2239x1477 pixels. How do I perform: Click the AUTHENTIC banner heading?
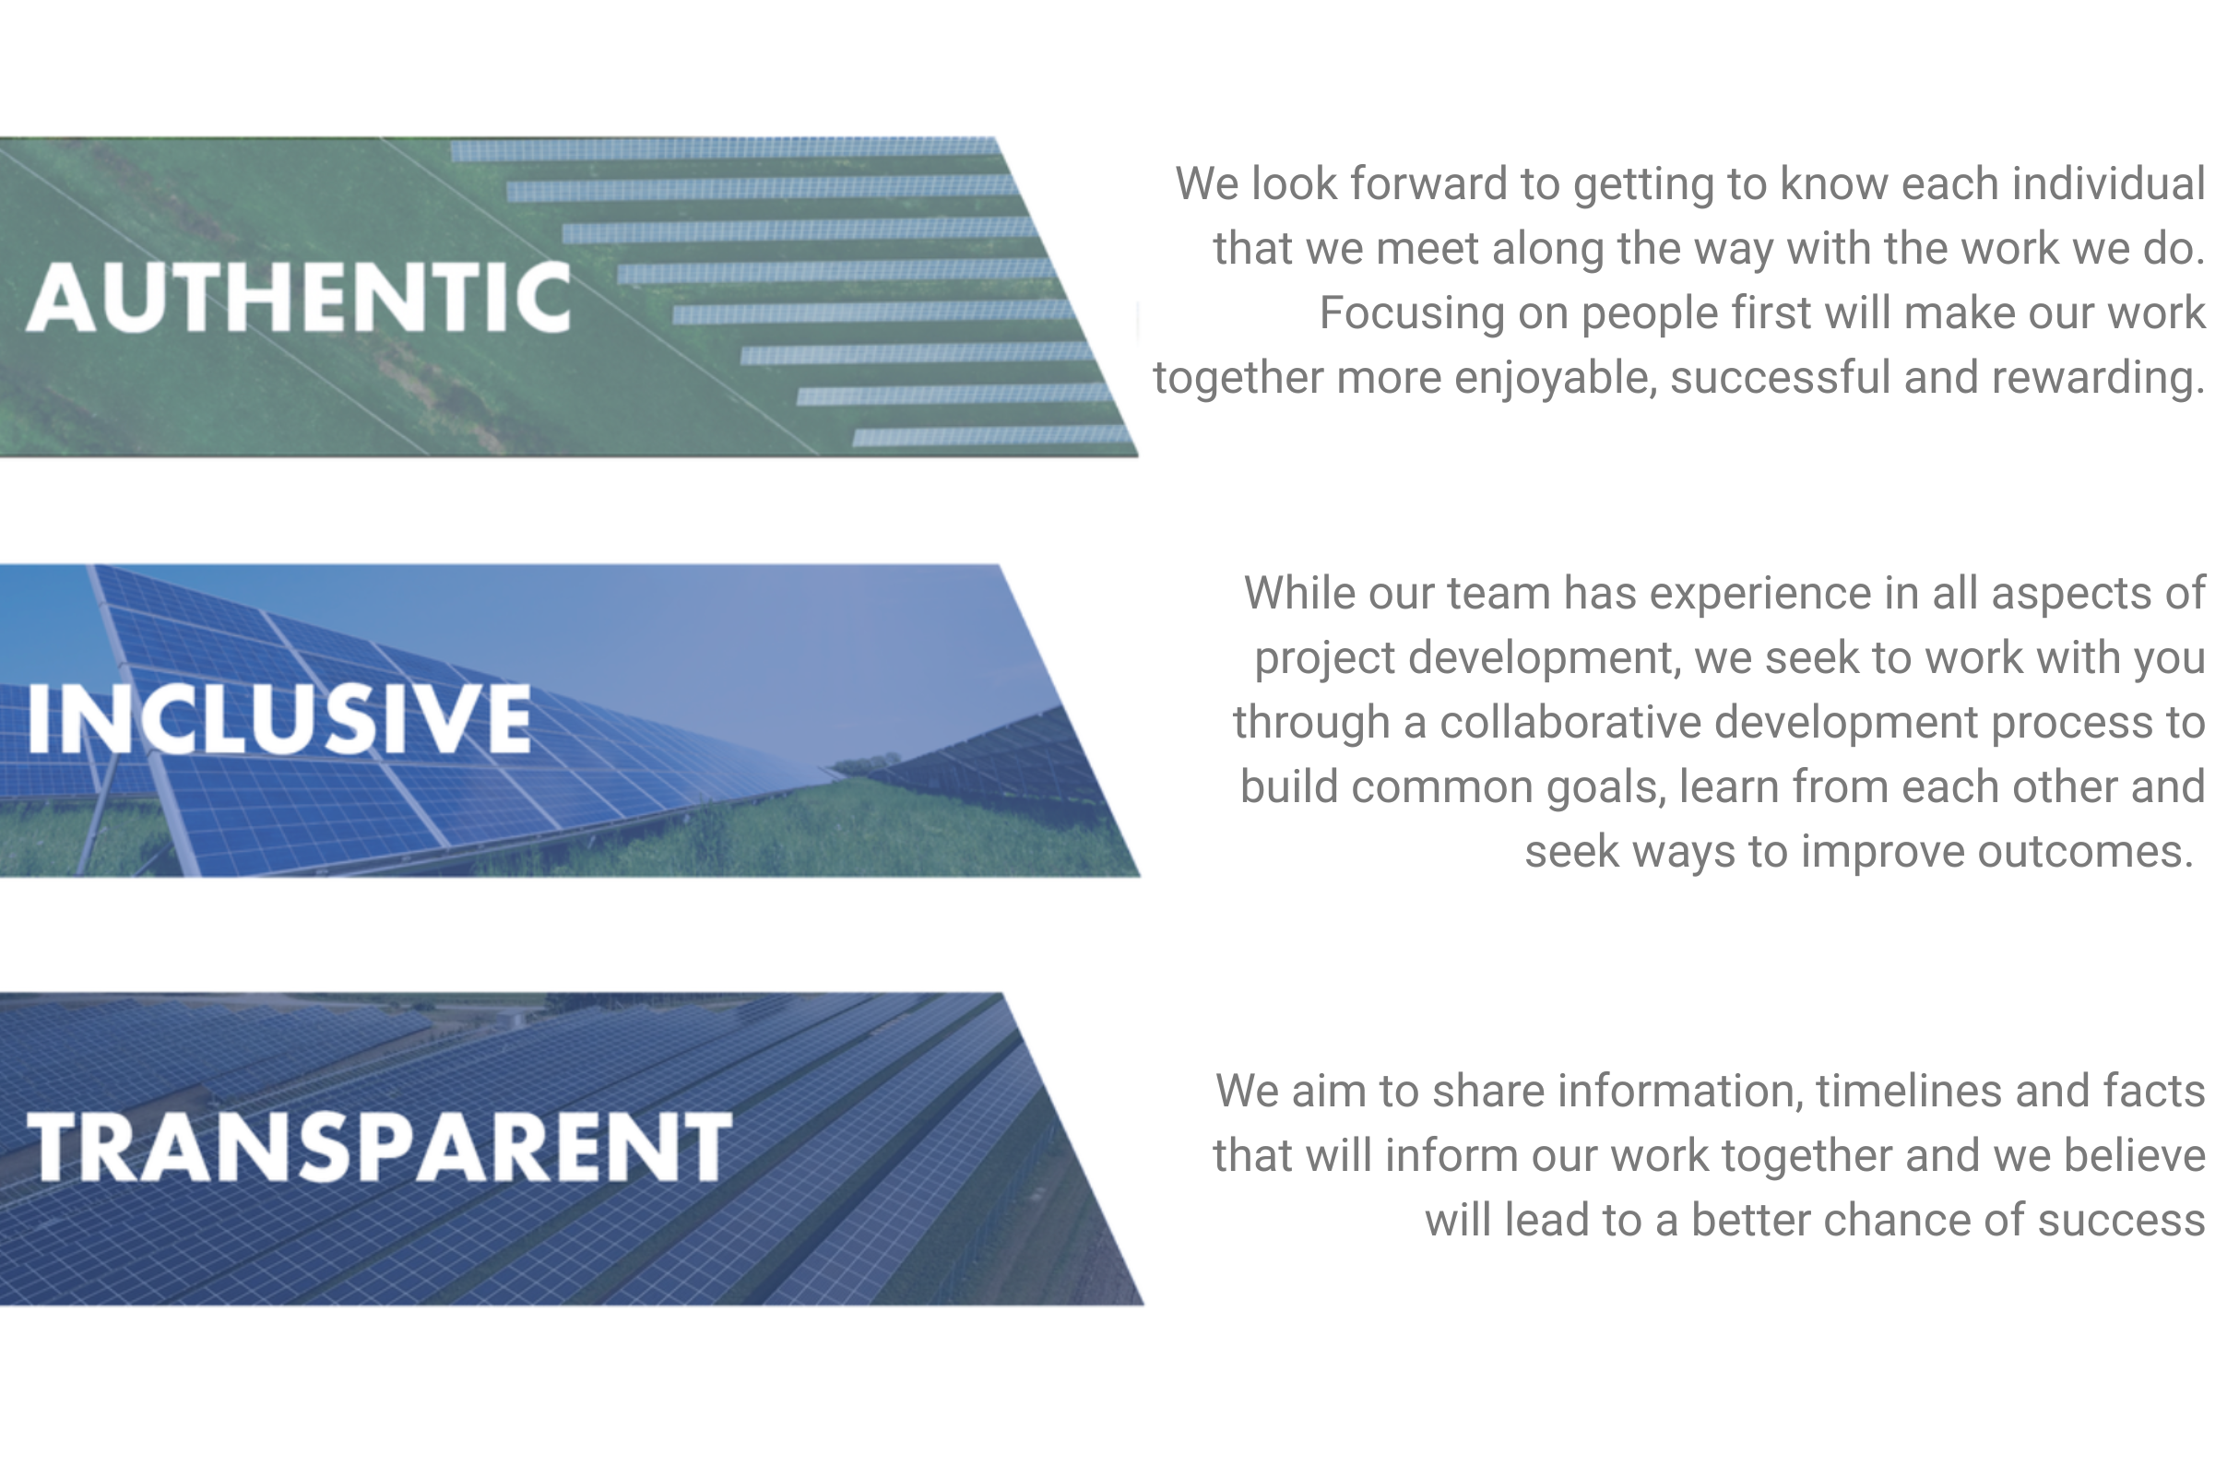(299, 297)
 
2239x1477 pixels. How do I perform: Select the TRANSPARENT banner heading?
(379, 1145)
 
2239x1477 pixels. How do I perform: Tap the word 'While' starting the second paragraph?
(1299, 593)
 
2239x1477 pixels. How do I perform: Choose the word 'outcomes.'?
(2086, 852)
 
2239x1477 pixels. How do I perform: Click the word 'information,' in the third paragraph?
(1680, 1092)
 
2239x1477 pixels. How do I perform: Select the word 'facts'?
(2159, 1092)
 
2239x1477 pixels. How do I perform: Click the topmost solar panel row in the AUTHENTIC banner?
(723, 148)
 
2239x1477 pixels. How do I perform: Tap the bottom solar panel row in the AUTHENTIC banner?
(993, 435)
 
